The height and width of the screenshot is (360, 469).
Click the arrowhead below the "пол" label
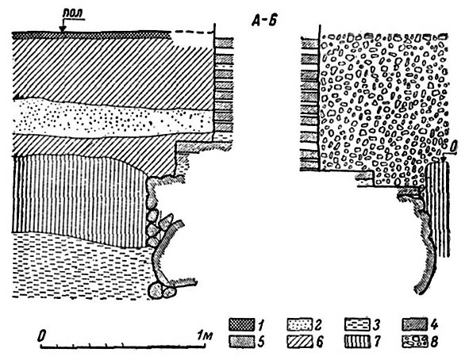pyautogui.click(x=63, y=29)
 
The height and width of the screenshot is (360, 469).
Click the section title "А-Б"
pyautogui.click(x=264, y=21)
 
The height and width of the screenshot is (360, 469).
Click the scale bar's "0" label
pyautogui.click(x=43, y=335)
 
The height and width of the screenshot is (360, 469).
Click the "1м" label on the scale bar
pyautogui.click(x=205, y=335)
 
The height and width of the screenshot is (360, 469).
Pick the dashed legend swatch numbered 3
pyautogui.click(x=357, y=324)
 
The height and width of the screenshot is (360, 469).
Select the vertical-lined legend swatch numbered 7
pyautogui.click(x=357, y=342)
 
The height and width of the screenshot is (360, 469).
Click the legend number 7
pyautogui.click(x=378, y=342)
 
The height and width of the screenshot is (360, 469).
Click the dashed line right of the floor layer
pyautogui.click(x=193, y=32)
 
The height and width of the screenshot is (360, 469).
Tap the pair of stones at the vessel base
pyautogui.click(x=162, y=290)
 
